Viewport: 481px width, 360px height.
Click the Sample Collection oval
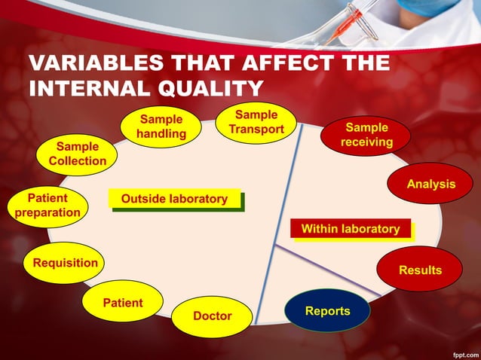(77, 154)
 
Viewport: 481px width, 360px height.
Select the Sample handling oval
(161, 127)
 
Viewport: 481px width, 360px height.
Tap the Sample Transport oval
(256, 122)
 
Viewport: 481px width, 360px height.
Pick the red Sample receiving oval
(366, 135)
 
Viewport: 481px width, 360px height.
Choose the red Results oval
(420, 270)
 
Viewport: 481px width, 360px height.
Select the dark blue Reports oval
(327, 310)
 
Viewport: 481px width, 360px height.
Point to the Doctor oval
(212, 316)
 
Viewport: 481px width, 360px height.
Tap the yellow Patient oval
(122, 302)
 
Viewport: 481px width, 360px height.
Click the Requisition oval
(65, 263)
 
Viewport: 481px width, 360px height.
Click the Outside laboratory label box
(174, 199)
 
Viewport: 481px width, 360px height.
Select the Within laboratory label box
(350, 228)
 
